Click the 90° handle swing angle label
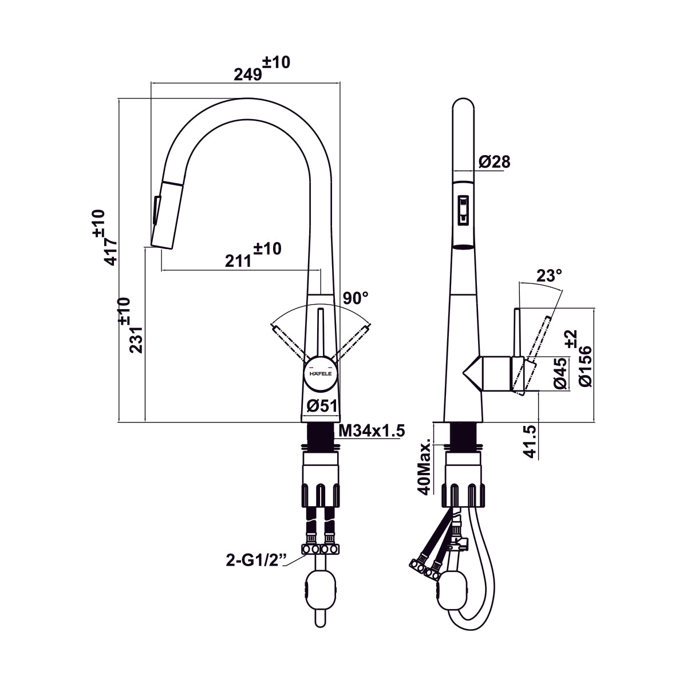[x=355, y=298]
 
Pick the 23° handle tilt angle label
[x=548, y=276]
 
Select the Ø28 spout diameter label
[x=493, y=162]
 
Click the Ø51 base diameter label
[x=321, y=406]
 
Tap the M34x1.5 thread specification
[x=372, y=431]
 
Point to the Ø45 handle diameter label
[x=560, y=373]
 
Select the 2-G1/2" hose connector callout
[x=255, y=560]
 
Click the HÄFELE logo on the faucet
[x=321, y=373]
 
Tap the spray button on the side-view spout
[x=463, y=210]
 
